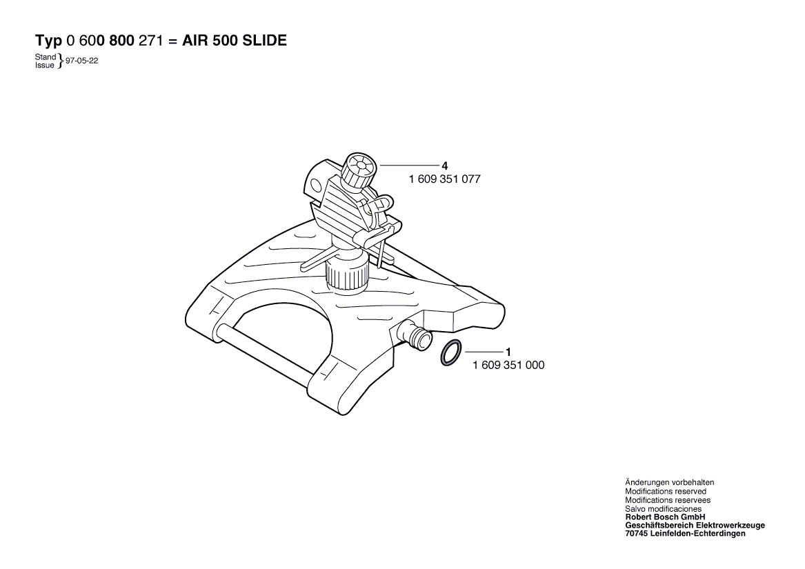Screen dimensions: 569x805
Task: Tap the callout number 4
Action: tap(444, 166)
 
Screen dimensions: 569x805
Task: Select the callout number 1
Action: tap(508, 352)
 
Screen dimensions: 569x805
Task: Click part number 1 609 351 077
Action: tap(444, 179)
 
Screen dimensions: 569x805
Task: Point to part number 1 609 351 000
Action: tap(508, 365)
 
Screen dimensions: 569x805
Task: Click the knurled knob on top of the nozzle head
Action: tap(359, 170)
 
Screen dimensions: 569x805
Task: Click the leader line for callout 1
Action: tap(482, 352)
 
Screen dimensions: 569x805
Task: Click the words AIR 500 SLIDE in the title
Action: tap(235, 41)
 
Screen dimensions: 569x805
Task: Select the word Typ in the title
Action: tap(49, 41)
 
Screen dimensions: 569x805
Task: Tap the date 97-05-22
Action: tap(81, 61)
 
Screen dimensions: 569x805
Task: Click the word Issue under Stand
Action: tap(45, 65)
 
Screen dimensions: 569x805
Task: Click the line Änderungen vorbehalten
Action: tap(669, 483)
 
